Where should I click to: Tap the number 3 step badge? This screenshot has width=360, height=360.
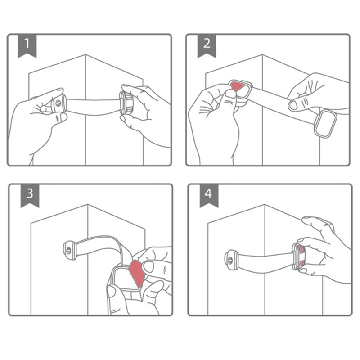click(x=30, y=196)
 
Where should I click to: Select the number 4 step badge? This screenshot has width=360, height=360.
click(x=209, y=196)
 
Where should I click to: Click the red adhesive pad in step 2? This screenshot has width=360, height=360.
click(x=237, y=86)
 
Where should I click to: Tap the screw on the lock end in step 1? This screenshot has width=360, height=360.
click(x=58, y=103)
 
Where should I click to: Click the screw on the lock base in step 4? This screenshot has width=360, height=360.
click(x=230, y=260)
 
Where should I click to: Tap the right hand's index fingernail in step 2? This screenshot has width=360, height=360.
click(x=293, y=105)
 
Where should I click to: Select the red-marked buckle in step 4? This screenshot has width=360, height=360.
click(x=299, y=256)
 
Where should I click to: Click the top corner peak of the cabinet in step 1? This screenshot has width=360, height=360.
click(x=85, y=54)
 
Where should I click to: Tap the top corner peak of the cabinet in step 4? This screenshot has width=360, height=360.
click(x=265, y=204)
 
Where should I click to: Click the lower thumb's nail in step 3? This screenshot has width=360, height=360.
click(x=112, y=292)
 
